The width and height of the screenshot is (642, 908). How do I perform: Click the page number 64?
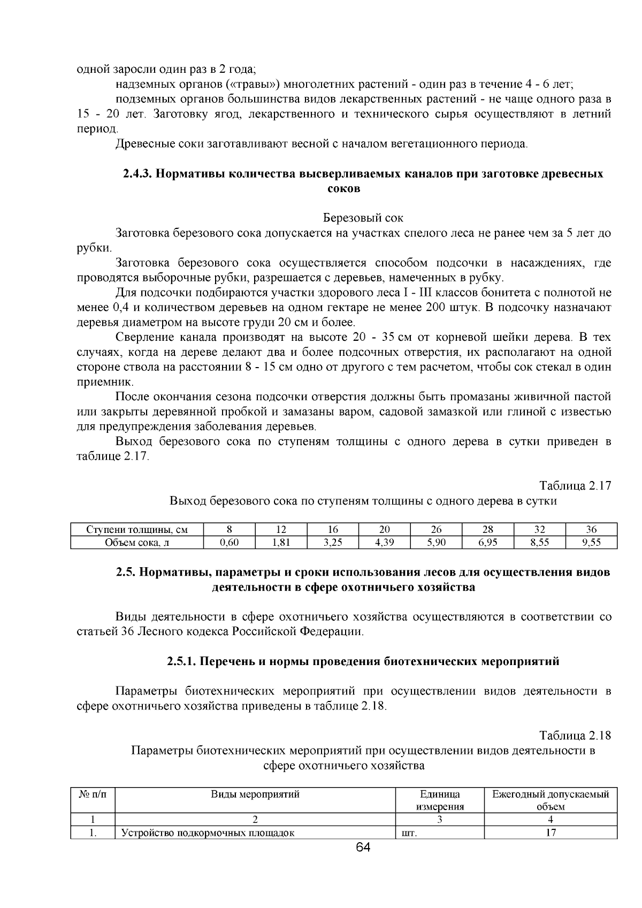tap(363, 847)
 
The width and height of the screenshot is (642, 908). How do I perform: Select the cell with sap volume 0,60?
tap(230, 543)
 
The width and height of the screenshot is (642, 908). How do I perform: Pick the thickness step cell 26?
tap(436, 530)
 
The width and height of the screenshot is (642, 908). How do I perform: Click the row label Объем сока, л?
tap(137, 543)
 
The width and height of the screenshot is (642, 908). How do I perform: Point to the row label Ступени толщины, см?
tap(137, 530)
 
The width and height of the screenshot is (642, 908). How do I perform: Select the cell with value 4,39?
tap(384, 543)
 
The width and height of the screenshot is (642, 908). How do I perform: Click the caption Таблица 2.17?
tap(575, 486)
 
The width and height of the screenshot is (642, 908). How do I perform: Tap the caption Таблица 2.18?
tap(575, 735)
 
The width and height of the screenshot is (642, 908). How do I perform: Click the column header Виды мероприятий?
tap(255, 794)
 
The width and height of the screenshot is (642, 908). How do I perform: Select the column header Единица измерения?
tap(440, 800)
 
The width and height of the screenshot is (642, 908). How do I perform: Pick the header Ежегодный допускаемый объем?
tap(551, 800)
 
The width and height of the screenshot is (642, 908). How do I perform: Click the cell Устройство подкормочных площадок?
tap(208, 833)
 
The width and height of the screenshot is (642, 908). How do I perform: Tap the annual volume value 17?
tap(551, 833)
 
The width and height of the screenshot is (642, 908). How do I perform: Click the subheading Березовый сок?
tap(363, 218)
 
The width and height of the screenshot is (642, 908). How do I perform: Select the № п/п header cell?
tap(93, 794)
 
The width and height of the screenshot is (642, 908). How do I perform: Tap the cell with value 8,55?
tap(539, 543)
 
